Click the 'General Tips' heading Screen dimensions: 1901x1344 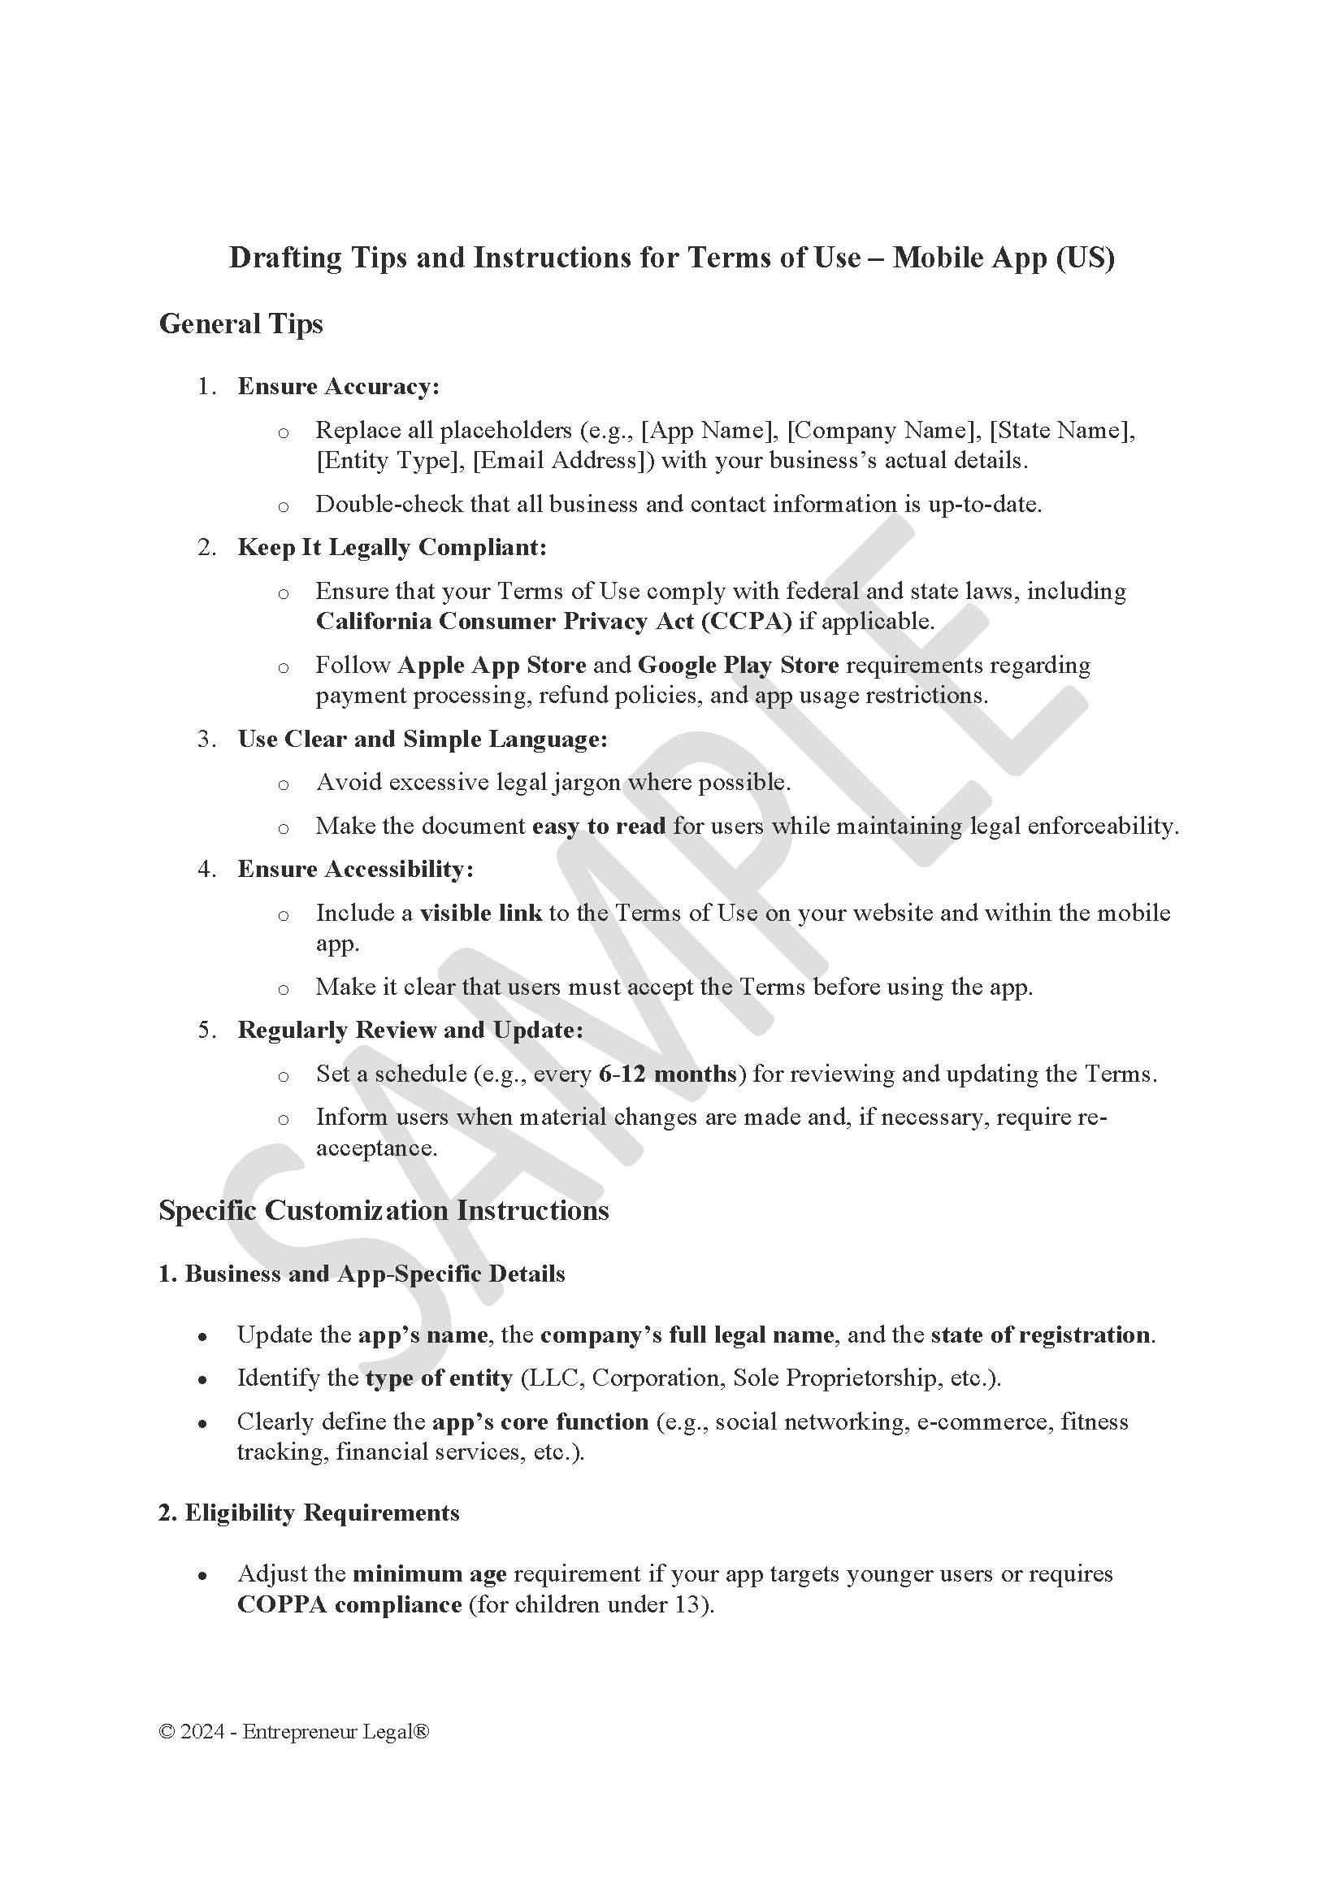click(240, 323)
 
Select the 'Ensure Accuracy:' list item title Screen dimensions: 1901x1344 click(338, 387)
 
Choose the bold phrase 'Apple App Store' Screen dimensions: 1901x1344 click(492, 666)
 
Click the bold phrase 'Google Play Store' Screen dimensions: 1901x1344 click(738, 666)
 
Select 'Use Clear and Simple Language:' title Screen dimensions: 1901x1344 click(422, 740)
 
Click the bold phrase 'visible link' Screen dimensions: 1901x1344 click(481, 914)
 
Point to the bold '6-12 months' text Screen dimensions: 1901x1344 click(667, 1074)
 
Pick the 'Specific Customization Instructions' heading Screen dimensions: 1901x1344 click(384, 1210)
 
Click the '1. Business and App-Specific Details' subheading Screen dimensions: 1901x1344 click(362, 1274)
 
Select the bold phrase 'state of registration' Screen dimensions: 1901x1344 click(1040, 1335)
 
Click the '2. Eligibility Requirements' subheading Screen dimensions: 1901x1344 click(309, 1513)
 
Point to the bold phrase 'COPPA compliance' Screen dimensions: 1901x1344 click(349, 1604)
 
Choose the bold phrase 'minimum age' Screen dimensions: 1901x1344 click(430, 1574)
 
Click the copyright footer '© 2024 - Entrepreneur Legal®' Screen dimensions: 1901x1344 click(294, 1732)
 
